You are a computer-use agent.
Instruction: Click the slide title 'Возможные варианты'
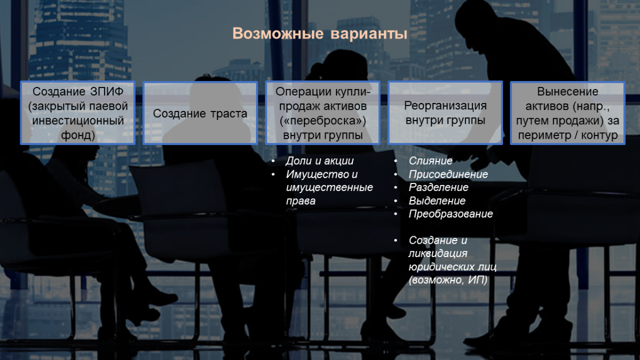pyautogui.click(x=320, y=34)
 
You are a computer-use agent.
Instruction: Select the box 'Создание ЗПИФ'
pyautogui.click(x=78, y=113)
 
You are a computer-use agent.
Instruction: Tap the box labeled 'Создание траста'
pyautogui.click(x=201, y=113)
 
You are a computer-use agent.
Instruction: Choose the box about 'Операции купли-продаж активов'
pyautogui.click(x=323, y=113)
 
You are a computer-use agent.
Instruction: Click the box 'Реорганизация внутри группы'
pyautogui.click(x=445, y=113)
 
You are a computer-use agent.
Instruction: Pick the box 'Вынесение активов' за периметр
pyautogui.click(x=567, y=113)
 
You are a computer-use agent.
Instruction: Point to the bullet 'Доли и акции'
pyautogui.click(x=319, y=161)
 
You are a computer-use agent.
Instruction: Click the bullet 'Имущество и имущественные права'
pyautogui.click(x=329, y=188)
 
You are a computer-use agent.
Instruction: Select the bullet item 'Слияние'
pyautogui.click(x=430, y=161)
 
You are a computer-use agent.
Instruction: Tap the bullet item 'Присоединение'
pyautogui.click(x=448, y=174)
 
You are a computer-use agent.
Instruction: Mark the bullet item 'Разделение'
pyautogui.click(x=438, y=188)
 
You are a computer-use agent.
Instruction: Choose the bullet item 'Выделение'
pyautogui.click(x=437, y=201)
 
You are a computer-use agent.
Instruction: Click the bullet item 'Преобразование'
pyautogui.click(x=451, y=214)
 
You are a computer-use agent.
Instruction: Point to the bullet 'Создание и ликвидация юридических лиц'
pyautogui.click(x=452, y=254)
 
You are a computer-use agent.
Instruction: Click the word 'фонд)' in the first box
pyautogui.click(x=78, y=135)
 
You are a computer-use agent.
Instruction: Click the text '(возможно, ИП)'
pyautogui.click(x=448, y=279)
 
